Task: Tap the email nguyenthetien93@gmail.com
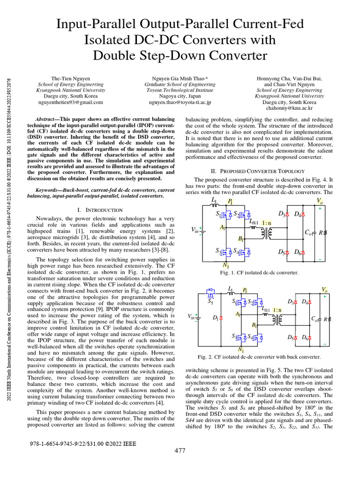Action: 71,101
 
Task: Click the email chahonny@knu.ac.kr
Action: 289,107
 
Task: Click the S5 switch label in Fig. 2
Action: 210,302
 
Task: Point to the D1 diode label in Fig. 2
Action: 215,317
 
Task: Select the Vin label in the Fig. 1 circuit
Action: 195,230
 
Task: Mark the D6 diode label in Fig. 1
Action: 297,252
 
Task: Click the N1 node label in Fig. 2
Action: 241,350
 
